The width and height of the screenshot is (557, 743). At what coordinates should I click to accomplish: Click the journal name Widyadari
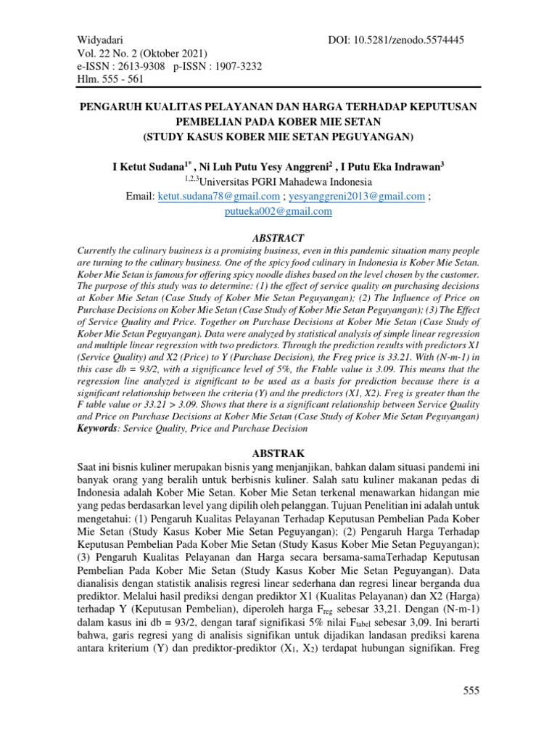[x=100, y=40]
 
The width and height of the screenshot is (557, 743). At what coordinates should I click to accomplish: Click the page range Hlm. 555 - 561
[x=110, y=80]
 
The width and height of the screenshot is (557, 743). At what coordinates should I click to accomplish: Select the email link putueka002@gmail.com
[x=278, y=211]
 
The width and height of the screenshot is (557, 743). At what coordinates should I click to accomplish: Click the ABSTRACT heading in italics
[x=278, y=238]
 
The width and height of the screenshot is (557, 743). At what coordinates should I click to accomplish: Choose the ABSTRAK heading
[x=278, y=453]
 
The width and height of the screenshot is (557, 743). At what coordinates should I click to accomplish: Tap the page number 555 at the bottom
[x=471, y=690]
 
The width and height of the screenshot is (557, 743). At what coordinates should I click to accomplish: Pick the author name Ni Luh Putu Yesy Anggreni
[x=266, y=167]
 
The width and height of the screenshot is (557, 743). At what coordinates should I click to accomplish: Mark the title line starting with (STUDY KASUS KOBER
[x=278, y=135]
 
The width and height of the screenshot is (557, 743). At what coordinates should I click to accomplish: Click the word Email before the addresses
[x=141, y=197]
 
